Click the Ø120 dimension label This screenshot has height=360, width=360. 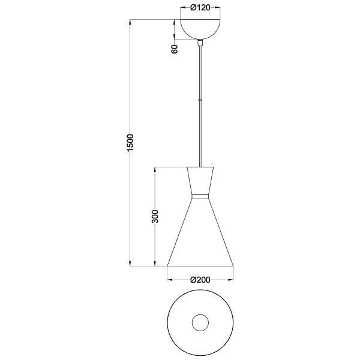[x=200, y=8]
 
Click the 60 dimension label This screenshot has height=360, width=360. [x=175, y=49]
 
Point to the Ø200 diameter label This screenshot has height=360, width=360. [x=199, y=279]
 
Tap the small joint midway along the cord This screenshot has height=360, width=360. [x=200, y=98]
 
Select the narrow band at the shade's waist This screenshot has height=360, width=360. [x=200, y=196]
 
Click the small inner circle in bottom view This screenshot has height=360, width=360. [x=200, y=323]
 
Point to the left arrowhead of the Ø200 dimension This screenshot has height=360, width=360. [x=169, y=280]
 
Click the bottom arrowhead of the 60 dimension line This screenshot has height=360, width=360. [x=175, y=39]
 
